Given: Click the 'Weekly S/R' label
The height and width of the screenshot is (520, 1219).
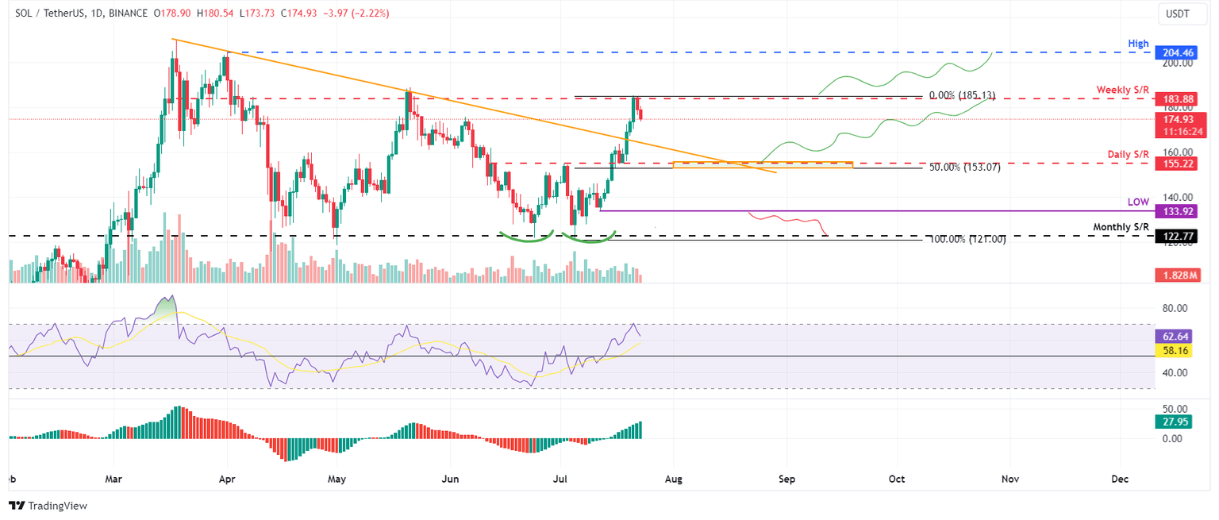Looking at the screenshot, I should (1124, 90).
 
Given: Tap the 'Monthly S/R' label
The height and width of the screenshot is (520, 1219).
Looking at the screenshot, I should (1121, 227).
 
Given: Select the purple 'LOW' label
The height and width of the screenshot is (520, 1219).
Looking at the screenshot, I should (1139, 202).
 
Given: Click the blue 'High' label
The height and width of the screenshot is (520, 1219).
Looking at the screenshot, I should (1140, 44).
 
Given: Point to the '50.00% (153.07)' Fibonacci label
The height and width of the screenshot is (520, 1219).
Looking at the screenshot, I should (965, 168).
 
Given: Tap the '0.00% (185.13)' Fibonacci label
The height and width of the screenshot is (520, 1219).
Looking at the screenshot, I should (965, 95).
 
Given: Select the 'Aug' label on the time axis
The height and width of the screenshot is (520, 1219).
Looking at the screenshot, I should (674, 480).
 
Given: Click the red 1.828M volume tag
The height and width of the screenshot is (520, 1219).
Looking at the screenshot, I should (1177, 275).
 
